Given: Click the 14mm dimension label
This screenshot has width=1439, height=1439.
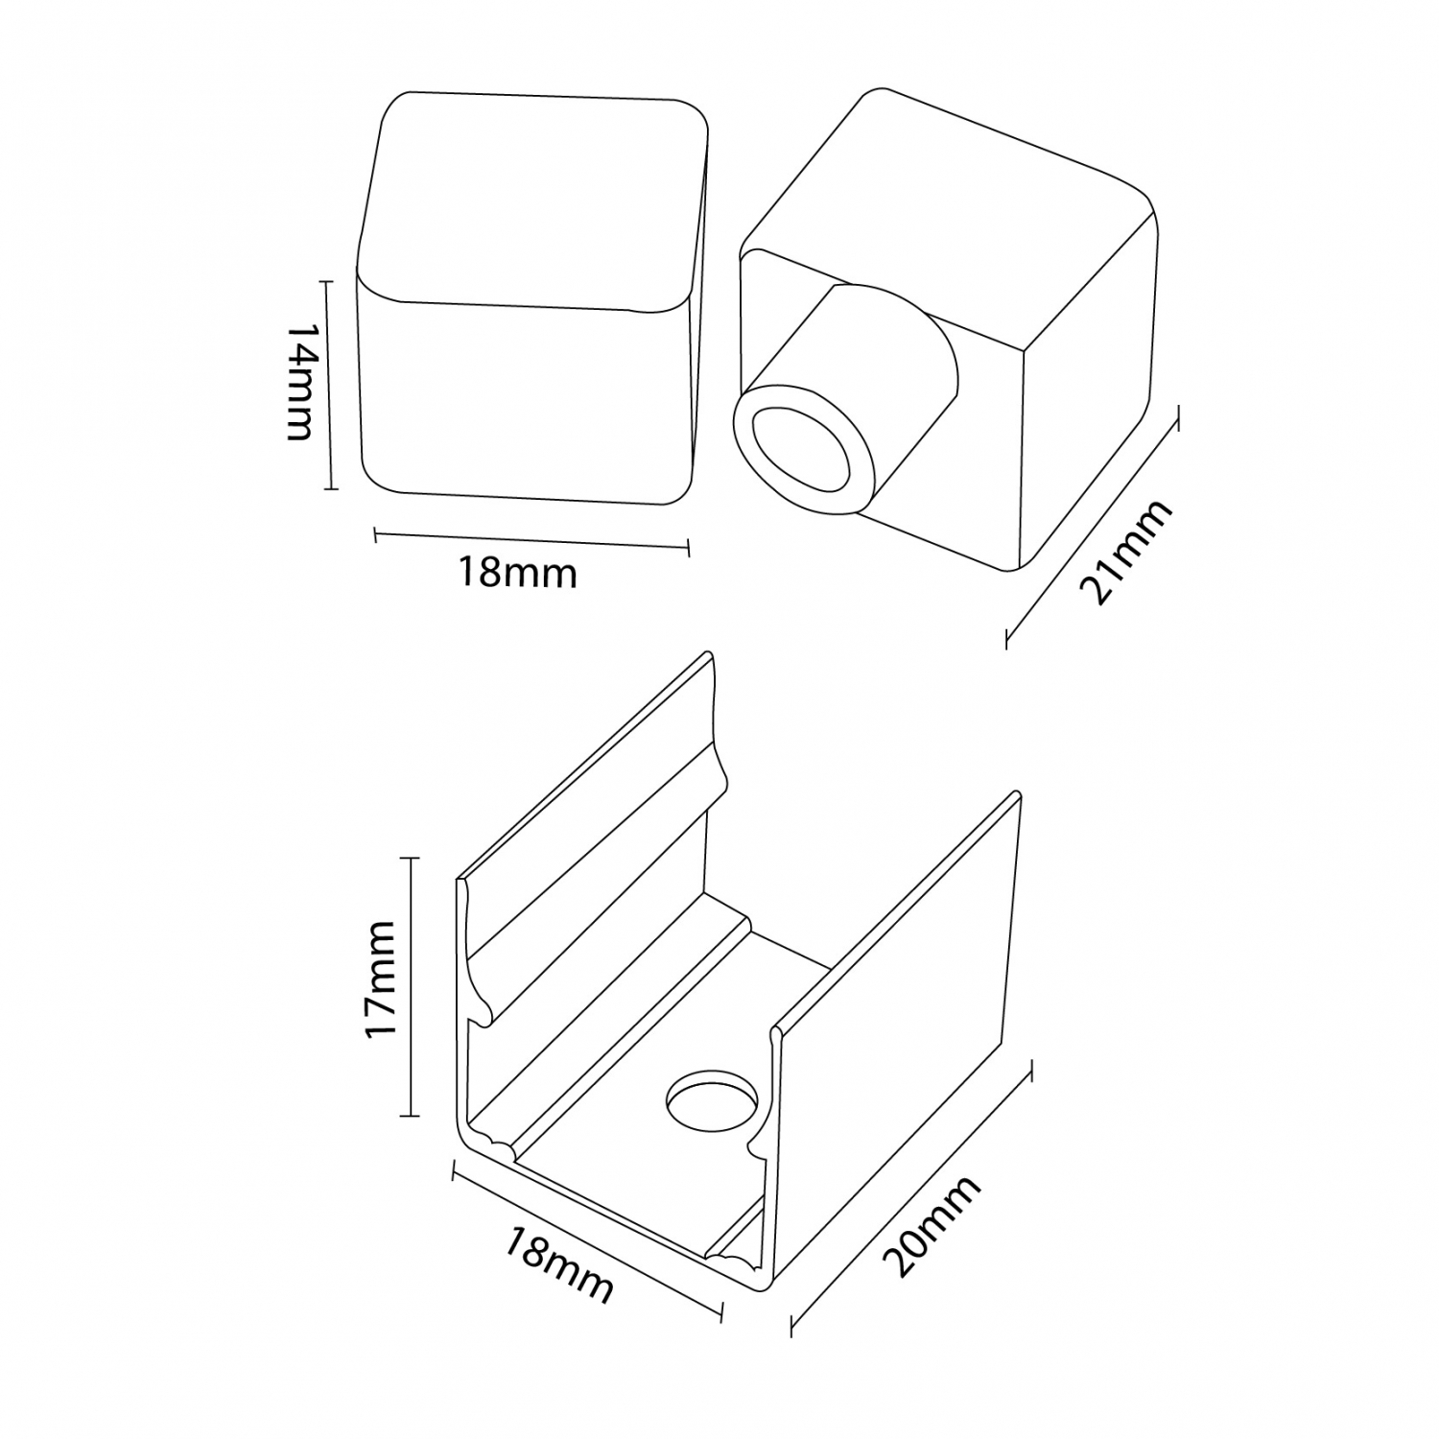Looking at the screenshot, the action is point(300,381).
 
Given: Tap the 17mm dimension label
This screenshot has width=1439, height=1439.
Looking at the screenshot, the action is point(380,979).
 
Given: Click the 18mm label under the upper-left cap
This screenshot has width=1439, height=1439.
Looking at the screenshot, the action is point(517,574).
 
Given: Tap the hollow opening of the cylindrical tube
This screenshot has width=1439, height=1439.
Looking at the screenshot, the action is point(801,450).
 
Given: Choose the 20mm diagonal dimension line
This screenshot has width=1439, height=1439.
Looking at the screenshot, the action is point(910,1198).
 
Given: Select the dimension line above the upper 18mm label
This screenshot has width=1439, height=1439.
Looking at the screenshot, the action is point(531,541).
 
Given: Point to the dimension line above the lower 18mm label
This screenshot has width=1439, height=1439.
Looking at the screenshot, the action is point(587,1242).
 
